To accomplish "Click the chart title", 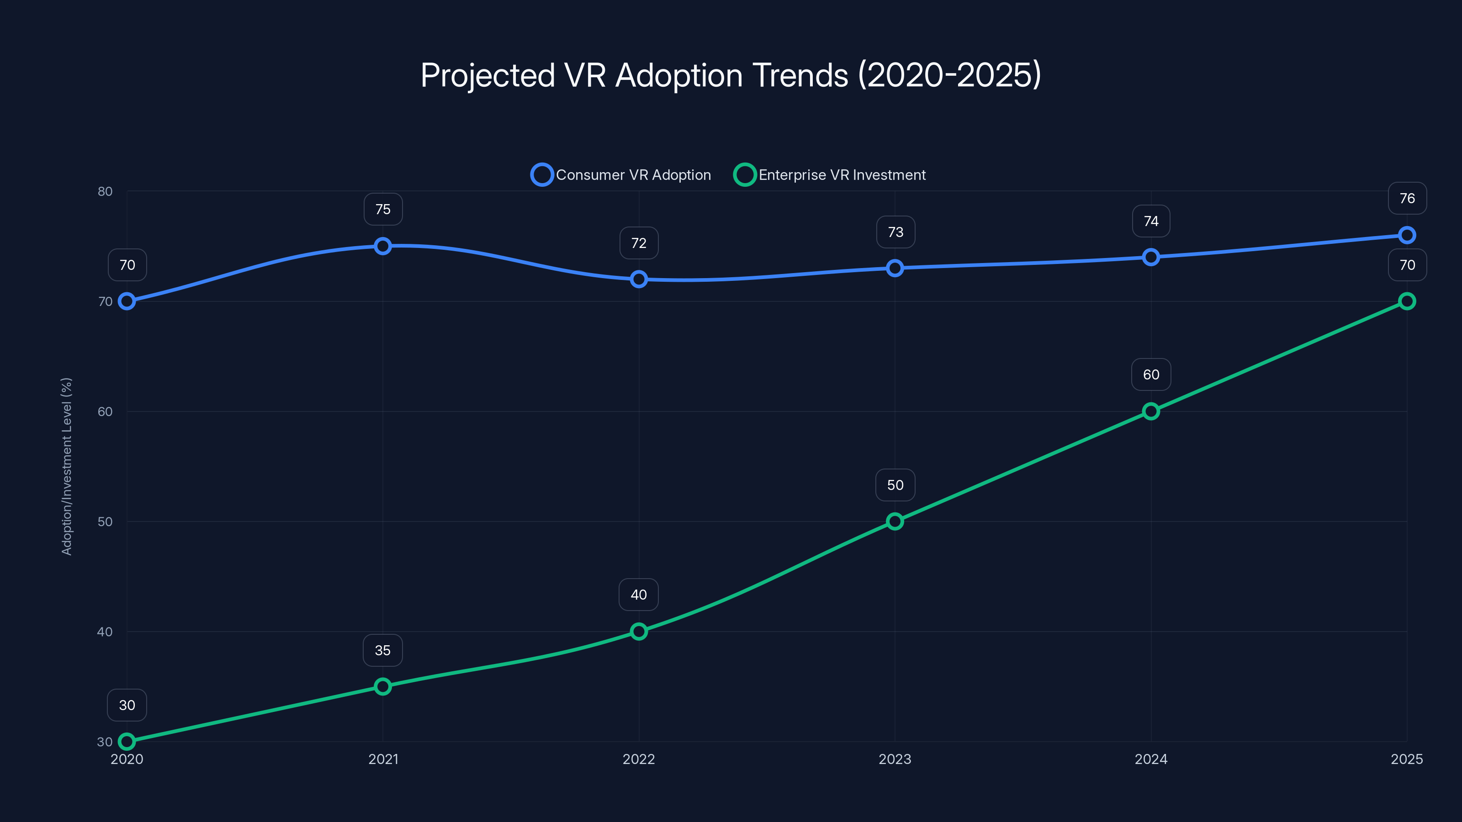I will point(731,75).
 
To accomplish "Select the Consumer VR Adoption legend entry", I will point(621,175).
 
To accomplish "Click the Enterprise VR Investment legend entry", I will point(830,175).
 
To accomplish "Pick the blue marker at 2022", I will point(639,279).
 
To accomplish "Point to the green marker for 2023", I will point(895,522).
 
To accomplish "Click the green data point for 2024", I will point(1150,411).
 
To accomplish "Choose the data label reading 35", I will point(382,650).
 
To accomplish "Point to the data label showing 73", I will point(895,232).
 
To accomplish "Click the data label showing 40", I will point(639,595).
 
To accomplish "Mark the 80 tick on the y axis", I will point(105,191).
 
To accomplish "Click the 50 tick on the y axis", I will point(105,522).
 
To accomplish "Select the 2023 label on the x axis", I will point(895,759).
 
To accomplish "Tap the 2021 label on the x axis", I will point(383,759).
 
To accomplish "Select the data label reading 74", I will point(1150,221).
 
